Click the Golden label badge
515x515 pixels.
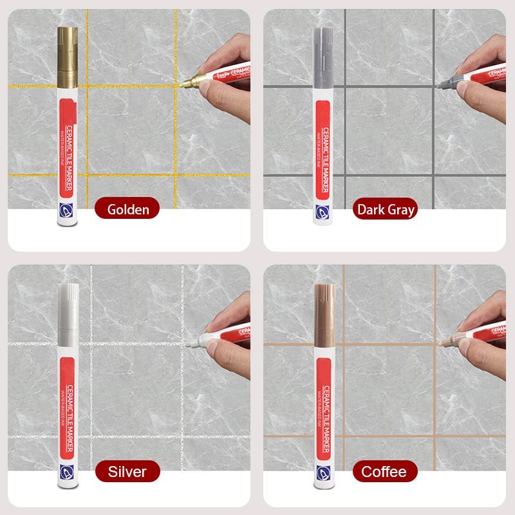(128, 209)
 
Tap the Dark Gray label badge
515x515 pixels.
(386, 209)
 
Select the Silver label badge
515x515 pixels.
(127, 471)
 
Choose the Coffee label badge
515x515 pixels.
(384, 471)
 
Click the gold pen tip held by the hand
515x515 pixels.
(187, 82)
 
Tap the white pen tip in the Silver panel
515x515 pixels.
(193, 344)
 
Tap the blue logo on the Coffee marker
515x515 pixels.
(322, 473)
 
